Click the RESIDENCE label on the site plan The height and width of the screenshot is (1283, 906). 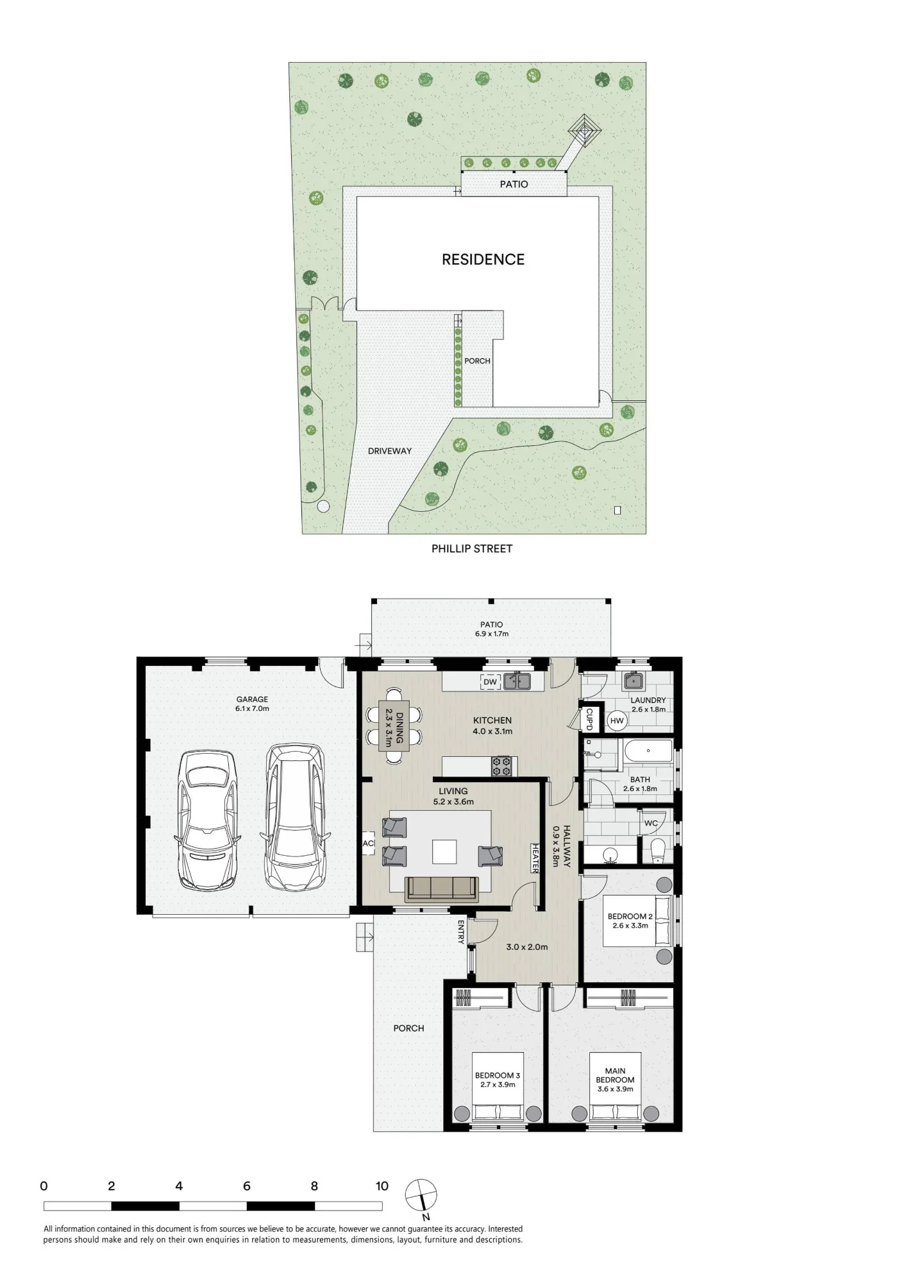(483, 259)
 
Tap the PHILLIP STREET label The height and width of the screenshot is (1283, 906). (472, 548)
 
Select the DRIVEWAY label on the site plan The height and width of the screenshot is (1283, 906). (390, 451)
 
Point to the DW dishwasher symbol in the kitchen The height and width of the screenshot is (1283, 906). (490, 682)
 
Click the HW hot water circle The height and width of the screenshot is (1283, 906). (617, 721)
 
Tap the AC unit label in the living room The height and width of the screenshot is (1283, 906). (368, 844)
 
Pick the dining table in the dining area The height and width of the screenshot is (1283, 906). (394, 726)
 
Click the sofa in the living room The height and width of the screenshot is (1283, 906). (442, 889)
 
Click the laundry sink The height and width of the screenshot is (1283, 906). (634, 680)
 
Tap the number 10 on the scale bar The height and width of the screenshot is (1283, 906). (382, 1186)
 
